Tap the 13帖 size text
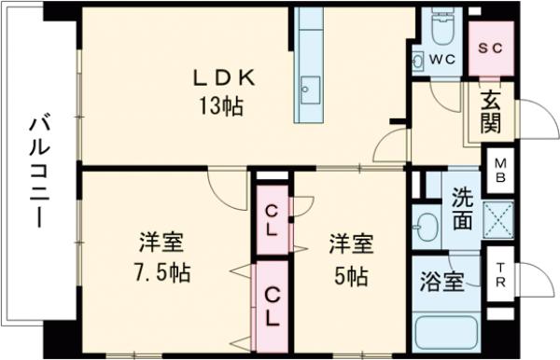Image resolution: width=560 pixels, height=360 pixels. click(x=220, y=106)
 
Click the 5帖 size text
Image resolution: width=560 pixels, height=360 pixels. click(x=351, y=276)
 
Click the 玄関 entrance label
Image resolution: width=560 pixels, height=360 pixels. click(x=491, y=110)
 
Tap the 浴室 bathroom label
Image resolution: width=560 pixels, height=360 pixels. click(x=441, y=282)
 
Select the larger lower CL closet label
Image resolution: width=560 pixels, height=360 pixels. click(x=272, y=307)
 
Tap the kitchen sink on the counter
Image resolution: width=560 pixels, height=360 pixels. click(x=307, y=90)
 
